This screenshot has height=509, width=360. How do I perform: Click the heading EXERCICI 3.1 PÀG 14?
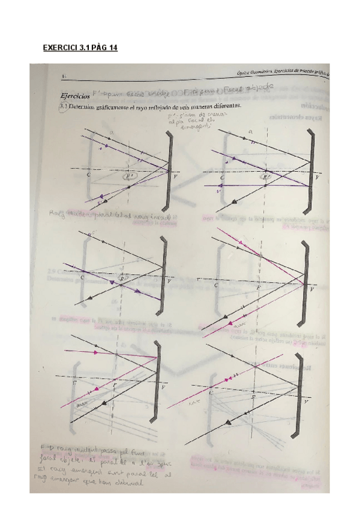point(80,49)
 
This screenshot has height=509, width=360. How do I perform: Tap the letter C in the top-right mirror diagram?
point(222,178)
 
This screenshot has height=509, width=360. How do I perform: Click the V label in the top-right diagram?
point(317,178)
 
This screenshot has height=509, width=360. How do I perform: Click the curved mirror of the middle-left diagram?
point(163,273)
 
